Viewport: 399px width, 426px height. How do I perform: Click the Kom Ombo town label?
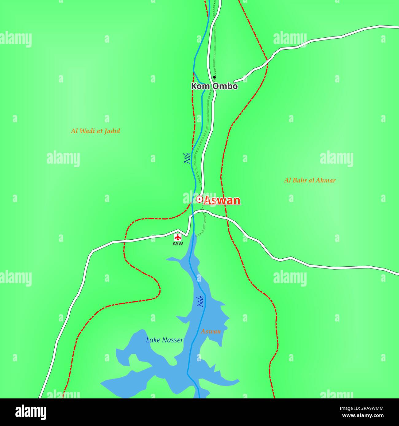pyautogui.click(x=214, y=86)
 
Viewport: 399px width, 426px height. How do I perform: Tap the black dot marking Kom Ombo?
pyautogui.click(x=214, y=77)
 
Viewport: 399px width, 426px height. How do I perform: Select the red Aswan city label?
pyautogui.click(x=222, y=200)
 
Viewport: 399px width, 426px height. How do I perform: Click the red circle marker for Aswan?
pyautogui.click(x=199, y=200)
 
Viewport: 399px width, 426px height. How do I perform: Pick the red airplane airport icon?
pyautogui.click(x=178, y=237)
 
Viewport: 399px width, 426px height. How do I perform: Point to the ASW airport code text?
pyautogui.click(x=178, y=244)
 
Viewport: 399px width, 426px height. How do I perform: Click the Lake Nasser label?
pyautogui.click(x=165, y=340)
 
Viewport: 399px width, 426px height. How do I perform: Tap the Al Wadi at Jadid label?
pyautogui.click(x=95, y=131)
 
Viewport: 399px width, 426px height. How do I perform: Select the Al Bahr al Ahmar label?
pyautogui.click(x=310, y=180)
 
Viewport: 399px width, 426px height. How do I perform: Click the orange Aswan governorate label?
pyautogui.click(x=211, y=331)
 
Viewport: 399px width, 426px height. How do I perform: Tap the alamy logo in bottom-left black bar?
pyautogui.click(x=31, y=412)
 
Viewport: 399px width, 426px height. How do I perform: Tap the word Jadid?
pyautogui.click(x=112, y=131)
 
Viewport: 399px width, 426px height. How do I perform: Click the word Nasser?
pyautogui.click(x=173, y=340)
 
